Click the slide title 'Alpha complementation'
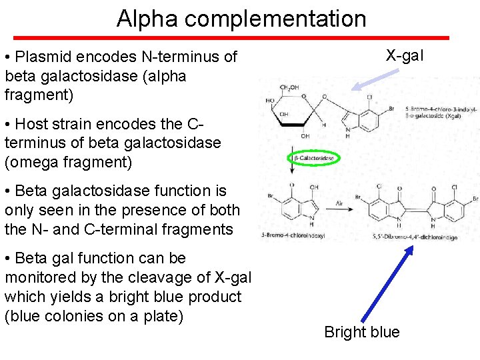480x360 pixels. [x=241, y=19]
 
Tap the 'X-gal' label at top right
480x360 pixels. [x=404, y=55]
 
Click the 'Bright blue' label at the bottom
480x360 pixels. [x=361, y=332]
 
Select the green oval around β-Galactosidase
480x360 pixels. [x=314, y=159]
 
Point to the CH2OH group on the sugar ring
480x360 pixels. [x=289, y=87]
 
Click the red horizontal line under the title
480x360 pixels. [x=241, y=37]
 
